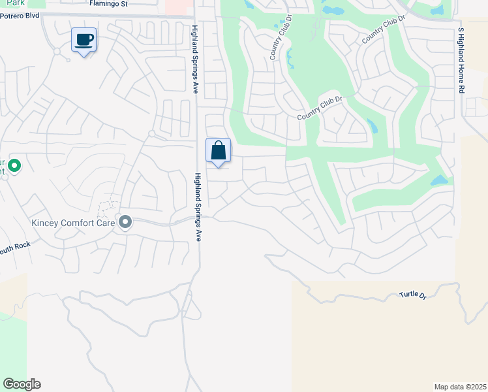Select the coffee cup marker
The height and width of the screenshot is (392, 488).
coord(84,40)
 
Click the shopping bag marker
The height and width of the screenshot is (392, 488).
coord(219,151)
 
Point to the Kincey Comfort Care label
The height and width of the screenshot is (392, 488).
coord(74,223)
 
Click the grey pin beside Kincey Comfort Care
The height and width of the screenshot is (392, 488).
coord(125,223)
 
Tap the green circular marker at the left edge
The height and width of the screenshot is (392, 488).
coord(14,166)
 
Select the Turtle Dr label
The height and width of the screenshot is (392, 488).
coord(412,296)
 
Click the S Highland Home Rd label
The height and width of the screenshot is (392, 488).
coord(461,60)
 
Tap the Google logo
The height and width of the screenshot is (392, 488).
coord(22,384)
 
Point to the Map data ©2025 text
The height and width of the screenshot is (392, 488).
coord(460,387)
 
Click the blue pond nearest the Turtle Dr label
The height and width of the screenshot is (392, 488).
coord(440,180)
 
